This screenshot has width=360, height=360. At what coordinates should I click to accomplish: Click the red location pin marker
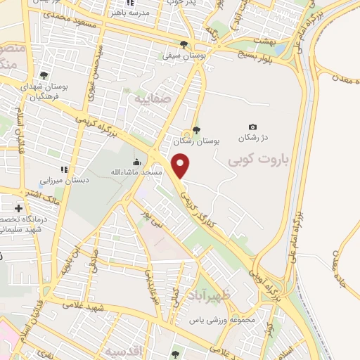(181, 166)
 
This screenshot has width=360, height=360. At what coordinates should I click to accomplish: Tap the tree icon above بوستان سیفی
(184, 42)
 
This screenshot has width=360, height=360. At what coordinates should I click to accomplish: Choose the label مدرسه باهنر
(131, 12)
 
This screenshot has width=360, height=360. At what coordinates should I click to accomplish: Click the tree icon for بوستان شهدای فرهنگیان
(44, 76)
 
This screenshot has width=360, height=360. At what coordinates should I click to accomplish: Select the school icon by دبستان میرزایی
(64, 169)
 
